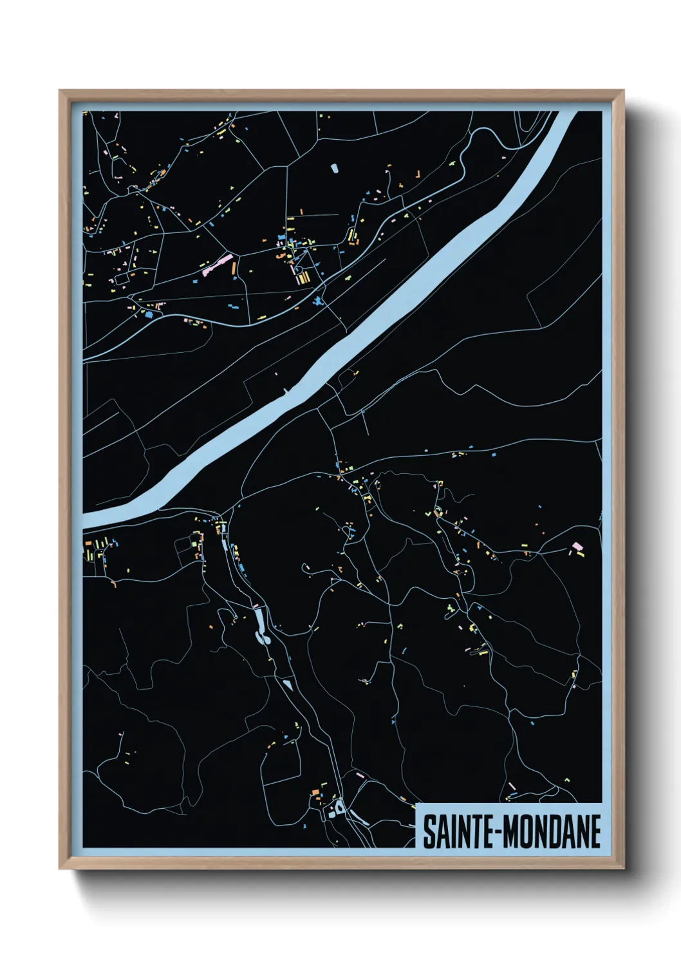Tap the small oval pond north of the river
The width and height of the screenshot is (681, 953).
[x=333, y=169]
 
